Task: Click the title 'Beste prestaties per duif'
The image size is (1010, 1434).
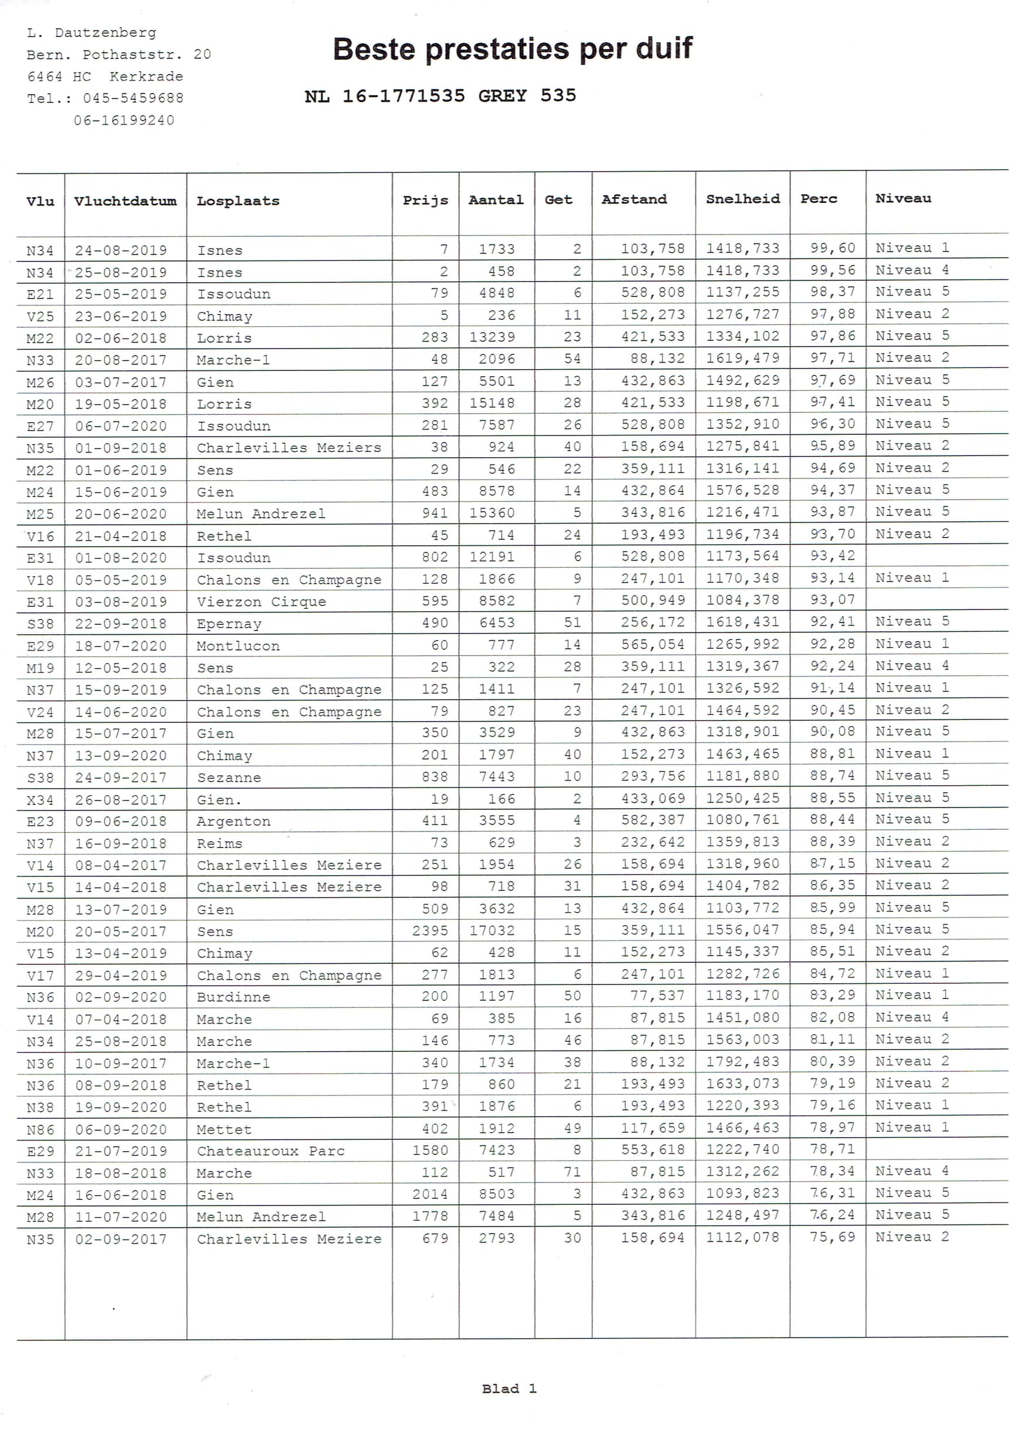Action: coord(512,49)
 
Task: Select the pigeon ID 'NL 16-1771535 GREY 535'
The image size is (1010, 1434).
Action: coord(440,96)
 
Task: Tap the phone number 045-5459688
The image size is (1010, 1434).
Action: coord(133,98)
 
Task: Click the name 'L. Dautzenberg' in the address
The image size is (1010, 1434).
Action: coord(92,32)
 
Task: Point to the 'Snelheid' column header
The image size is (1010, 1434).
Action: coord(742,199)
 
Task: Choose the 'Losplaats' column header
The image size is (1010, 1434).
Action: coord(238,201)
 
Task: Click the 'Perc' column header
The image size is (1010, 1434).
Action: coord(819,199)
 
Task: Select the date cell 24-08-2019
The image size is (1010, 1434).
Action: coord(121,250)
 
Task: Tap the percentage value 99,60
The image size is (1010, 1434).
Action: coord(832,248)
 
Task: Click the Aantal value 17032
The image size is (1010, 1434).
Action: coord(492,930)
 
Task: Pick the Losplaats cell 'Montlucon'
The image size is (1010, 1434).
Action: coord(238,646)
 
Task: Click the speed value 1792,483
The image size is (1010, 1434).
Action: coord(742,1061)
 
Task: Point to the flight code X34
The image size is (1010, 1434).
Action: coord(40,799)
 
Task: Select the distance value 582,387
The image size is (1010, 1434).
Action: coord(652,820)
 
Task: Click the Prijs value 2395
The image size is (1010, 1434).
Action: coord(429,930)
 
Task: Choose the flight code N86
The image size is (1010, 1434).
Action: coord(40,1129)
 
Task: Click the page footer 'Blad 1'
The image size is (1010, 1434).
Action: coord(509,1388)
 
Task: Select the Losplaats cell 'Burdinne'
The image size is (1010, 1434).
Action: coord(234,997)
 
